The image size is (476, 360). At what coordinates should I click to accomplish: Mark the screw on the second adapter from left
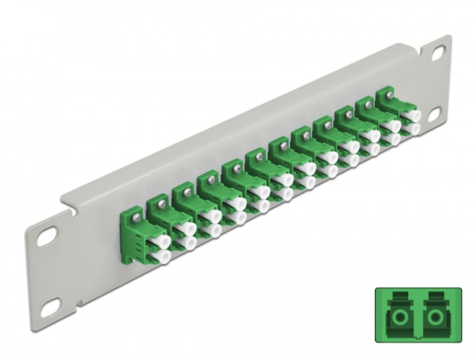[159, 202]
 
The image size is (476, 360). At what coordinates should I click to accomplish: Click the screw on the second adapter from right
[364, 108]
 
